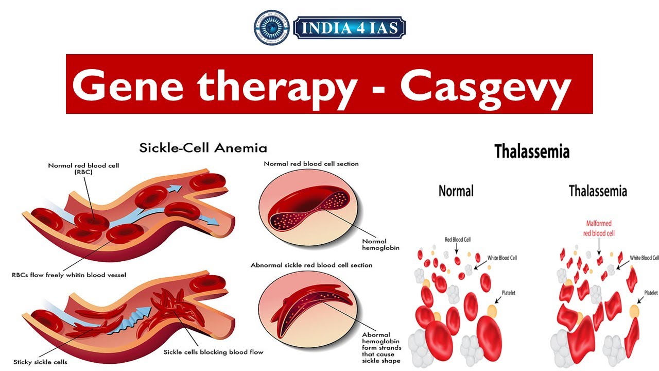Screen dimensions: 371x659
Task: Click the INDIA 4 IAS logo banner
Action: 350,28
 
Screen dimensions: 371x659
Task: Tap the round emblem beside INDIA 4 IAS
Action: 271,27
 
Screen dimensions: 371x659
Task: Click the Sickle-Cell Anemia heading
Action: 203,148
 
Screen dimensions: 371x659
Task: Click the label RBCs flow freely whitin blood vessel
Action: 69,275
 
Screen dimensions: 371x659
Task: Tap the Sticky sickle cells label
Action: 40,362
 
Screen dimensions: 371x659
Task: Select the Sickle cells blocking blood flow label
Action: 213,352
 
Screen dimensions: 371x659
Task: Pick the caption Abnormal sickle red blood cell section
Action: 311,265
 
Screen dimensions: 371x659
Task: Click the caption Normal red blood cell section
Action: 311,164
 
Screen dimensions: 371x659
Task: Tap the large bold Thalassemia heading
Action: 532,151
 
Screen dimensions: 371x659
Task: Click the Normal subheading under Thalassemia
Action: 456,191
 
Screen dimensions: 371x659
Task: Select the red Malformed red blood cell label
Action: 599,228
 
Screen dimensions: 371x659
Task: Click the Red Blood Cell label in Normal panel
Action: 457,240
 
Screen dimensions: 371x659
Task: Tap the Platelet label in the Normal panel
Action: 508,293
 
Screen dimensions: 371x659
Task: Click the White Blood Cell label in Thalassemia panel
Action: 644,258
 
